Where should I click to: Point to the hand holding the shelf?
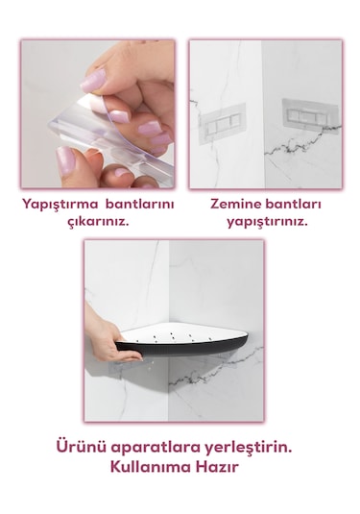point(113,346)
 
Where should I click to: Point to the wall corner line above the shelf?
point(172,279)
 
